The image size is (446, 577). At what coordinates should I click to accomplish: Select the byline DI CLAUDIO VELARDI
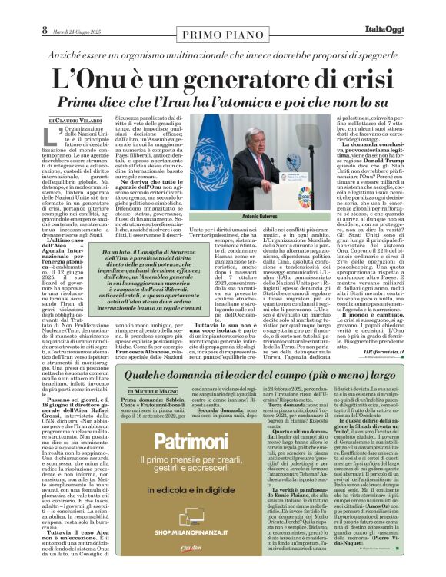point(76,121)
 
